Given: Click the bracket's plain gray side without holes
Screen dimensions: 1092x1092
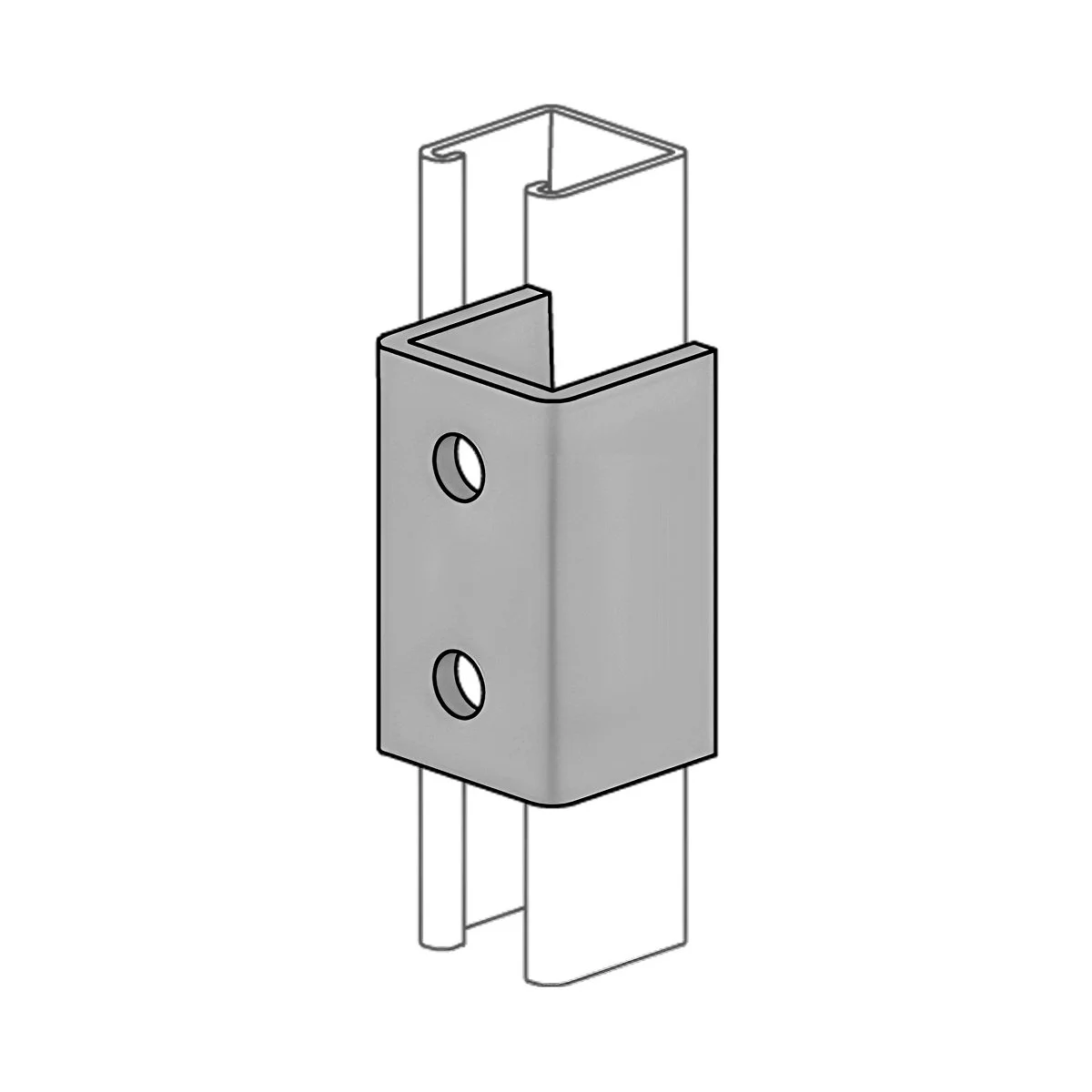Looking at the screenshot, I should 637,582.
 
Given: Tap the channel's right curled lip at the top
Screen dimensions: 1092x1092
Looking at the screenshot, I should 537,188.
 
